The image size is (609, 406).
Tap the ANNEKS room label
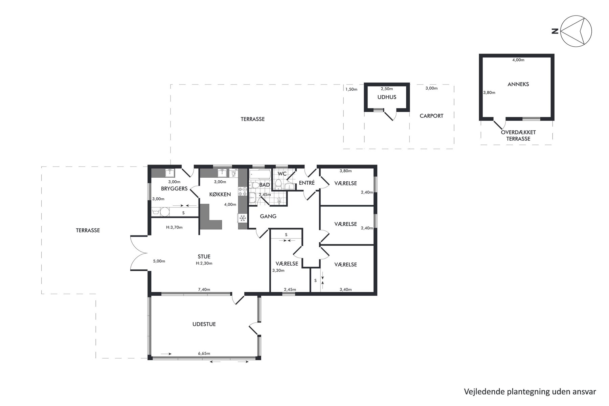pos(518,84)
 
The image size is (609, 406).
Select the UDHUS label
pos(387,97)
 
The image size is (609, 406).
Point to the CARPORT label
pos(431,116)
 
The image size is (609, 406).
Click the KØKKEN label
pos(220,194)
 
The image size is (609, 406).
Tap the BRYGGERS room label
pos(174,188)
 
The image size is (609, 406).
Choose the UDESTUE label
pos(204,324)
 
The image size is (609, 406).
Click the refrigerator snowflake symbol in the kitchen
pos(242,218)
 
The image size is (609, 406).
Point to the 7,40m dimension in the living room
pos(204,290)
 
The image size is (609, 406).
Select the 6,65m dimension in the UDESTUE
pos(204,354)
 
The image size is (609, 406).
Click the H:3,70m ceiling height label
pos(174,227)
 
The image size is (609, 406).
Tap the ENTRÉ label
pos(307,183)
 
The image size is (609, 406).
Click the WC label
pos(282,174)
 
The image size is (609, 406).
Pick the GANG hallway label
pos(268,216)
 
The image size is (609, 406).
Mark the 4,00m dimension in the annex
pos(518,60)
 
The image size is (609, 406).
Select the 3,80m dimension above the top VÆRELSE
pos(345,171)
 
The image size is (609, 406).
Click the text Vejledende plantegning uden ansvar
pos(530,391)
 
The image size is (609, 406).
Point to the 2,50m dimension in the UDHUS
pos(387,89)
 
